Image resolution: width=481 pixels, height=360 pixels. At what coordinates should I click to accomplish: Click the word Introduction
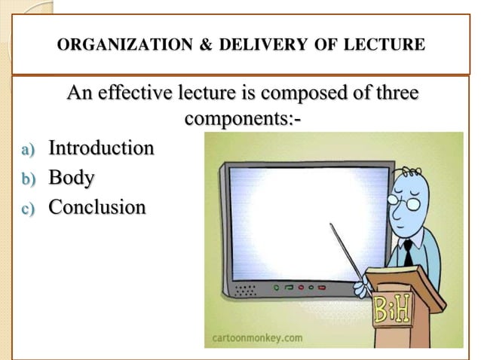[101, 148]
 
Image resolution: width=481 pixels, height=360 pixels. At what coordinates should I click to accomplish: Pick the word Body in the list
[72, 178]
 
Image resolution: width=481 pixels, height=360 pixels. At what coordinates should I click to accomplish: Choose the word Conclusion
[97, 206]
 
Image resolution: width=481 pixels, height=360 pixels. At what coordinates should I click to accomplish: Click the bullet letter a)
[28, 150]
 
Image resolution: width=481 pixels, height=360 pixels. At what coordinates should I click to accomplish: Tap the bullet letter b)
[28, 180]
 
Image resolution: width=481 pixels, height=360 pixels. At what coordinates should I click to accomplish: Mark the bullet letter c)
[28, 209]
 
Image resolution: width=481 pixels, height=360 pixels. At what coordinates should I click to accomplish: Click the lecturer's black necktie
[408, 252]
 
